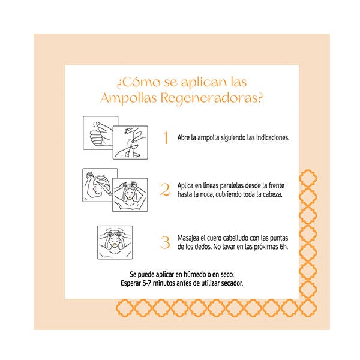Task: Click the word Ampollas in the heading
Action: pyautogui.click(x=128, y=98)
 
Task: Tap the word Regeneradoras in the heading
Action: pyautogui.click(x=211, y=98)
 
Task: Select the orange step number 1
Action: pyautogui.click(x=166, y=137)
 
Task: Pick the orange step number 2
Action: pyautogui.click(x=165, y=190)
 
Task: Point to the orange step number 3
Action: pyautogui.click(x=165, y=242)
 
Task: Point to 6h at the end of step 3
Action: pyautogui.click(x=284, y=247)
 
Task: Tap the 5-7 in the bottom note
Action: pyautogui.click(x=147, y=283)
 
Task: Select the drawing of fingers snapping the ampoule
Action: pyautogui.click(x=130, y=143)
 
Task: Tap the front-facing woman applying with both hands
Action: pyautogui.click(x=130, y=195)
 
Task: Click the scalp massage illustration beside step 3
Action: pyautogui.click(x=115, y=242)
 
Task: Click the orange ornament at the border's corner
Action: pyautogui.click(x=308, y=308)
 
